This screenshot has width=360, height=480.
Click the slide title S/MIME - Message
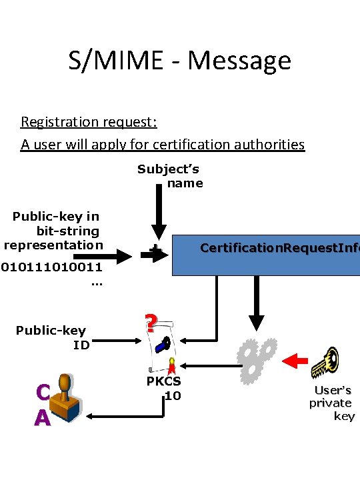tap(179, 60)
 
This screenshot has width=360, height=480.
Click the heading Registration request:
tap(89, 122)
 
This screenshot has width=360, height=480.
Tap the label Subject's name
tap(170, 176)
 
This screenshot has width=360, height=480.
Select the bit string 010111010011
tap(52, 267)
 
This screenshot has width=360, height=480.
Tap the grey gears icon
tap(257, 361)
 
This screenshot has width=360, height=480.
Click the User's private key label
tap(332, 403)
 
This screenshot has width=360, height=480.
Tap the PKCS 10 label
tap(164, 389)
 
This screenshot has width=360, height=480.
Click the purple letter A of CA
tap(42, 417)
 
